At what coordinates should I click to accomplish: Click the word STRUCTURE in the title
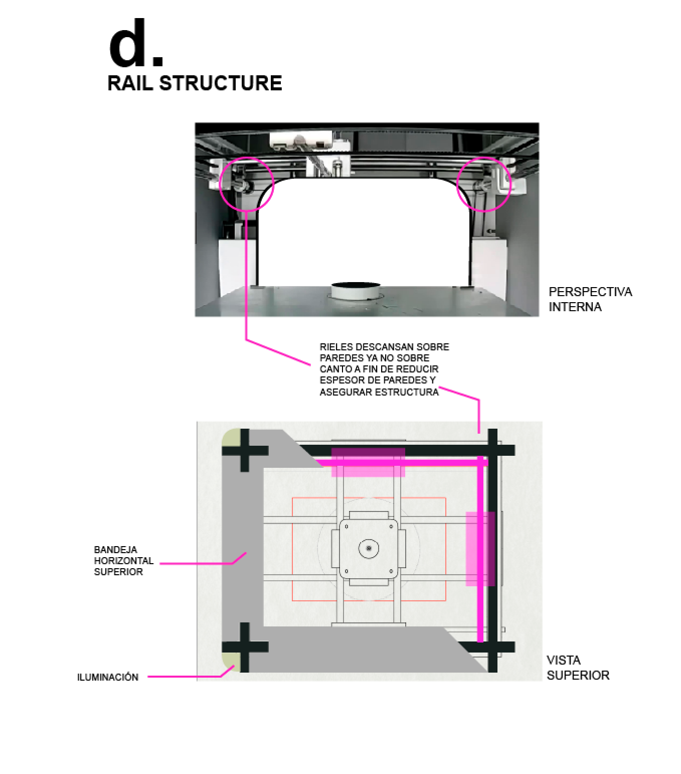click(221, 83)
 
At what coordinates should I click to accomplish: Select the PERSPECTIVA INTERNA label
click(590, 299)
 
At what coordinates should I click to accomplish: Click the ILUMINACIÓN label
click(107, 677)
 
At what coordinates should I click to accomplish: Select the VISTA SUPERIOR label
click(577, 668)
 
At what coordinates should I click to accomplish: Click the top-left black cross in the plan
click(244, 450)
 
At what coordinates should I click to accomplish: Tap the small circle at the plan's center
click(369, 549)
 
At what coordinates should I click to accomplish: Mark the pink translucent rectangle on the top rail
click(368, 462)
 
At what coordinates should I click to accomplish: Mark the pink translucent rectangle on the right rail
click(480, 549)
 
